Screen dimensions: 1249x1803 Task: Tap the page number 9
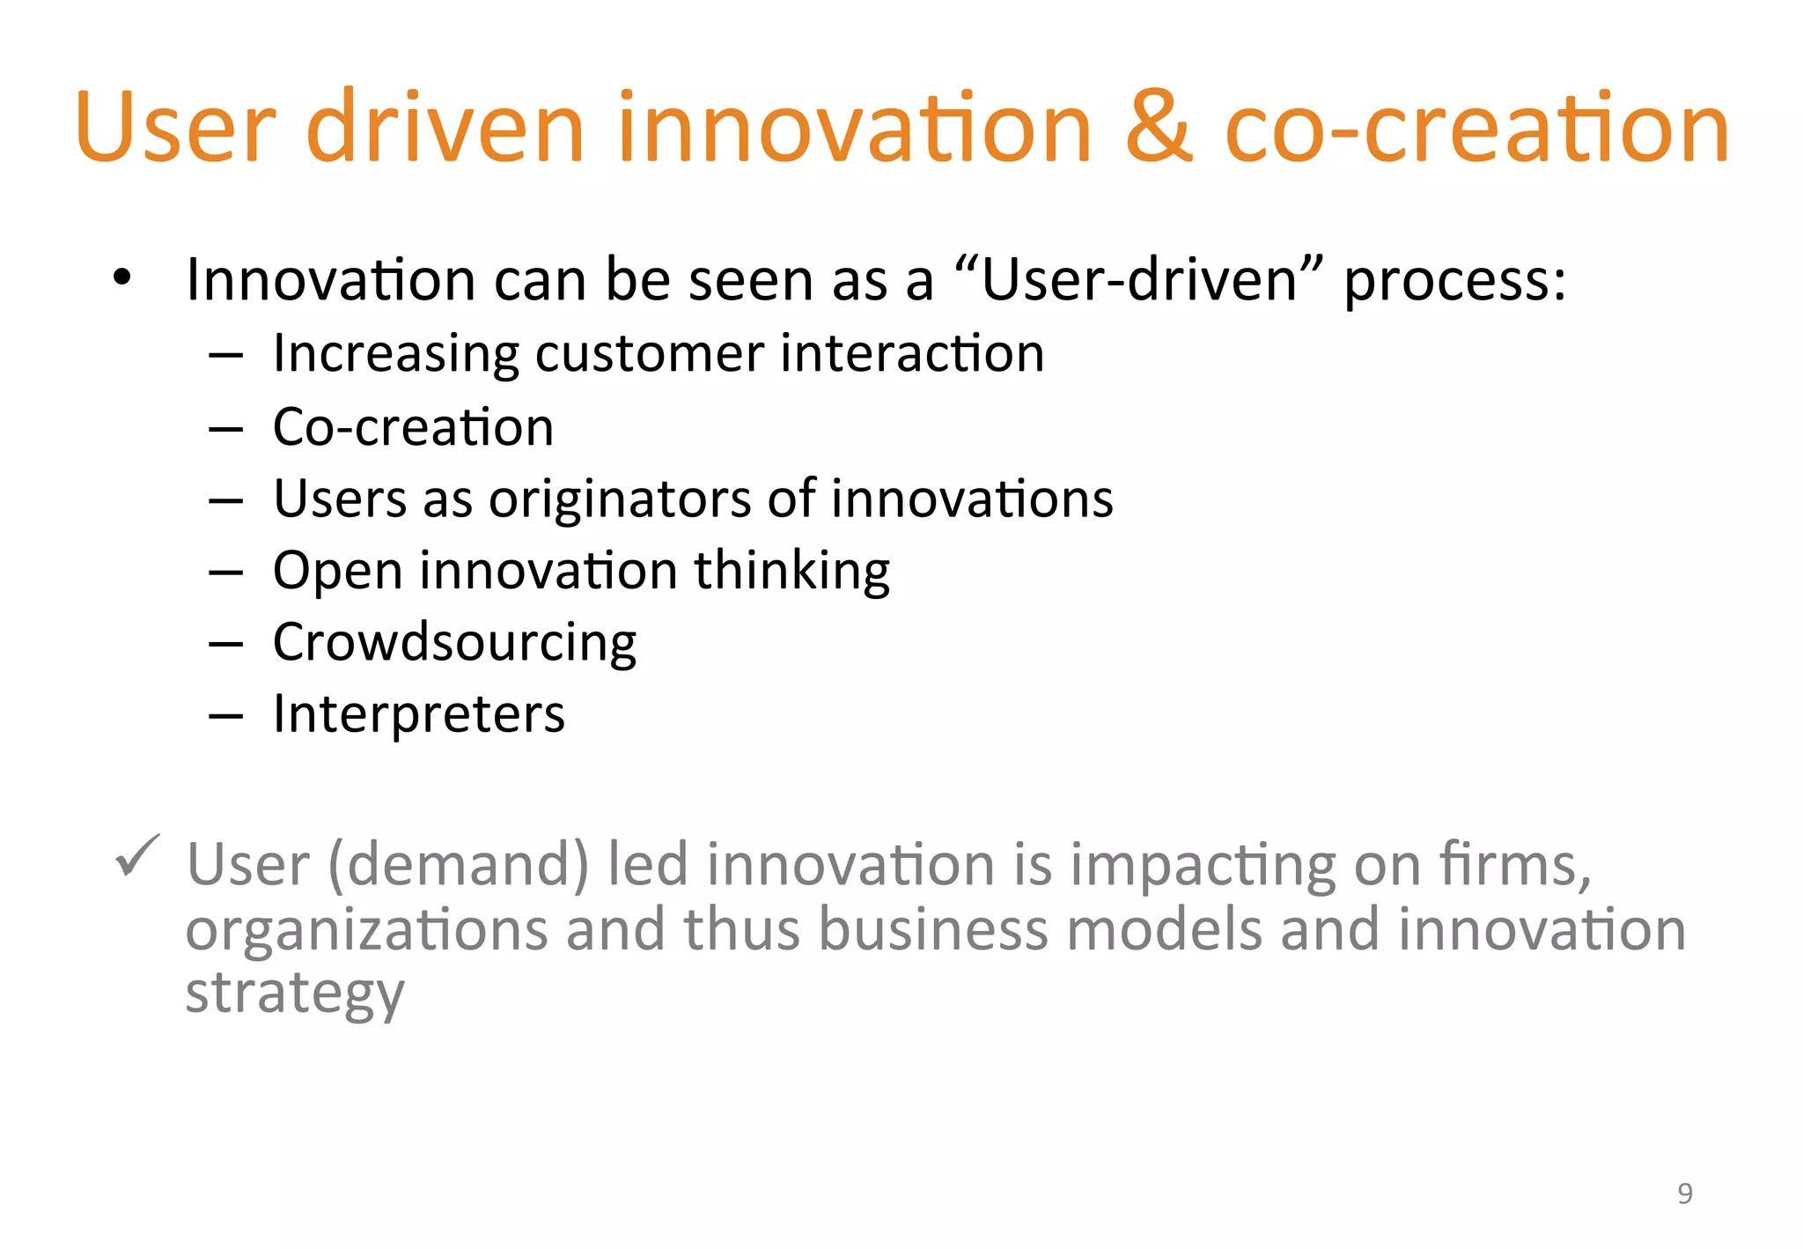click(1684, 1193)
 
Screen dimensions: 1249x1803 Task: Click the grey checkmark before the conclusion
click(137, 855)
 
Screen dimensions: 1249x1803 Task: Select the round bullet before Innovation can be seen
click(121, 278)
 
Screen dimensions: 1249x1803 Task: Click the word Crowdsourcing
click(454, 642)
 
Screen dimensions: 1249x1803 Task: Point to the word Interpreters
click(418, 713)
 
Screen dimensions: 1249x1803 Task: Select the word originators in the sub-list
click(620, 499)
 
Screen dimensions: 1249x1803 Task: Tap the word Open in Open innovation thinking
click(338, 572)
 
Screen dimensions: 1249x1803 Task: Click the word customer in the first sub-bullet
click(650, 353)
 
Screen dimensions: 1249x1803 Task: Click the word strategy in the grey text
click(295, 994)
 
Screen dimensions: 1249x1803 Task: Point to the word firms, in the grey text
click(1515, 864)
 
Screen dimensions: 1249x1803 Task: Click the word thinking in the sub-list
click(791, 572)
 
